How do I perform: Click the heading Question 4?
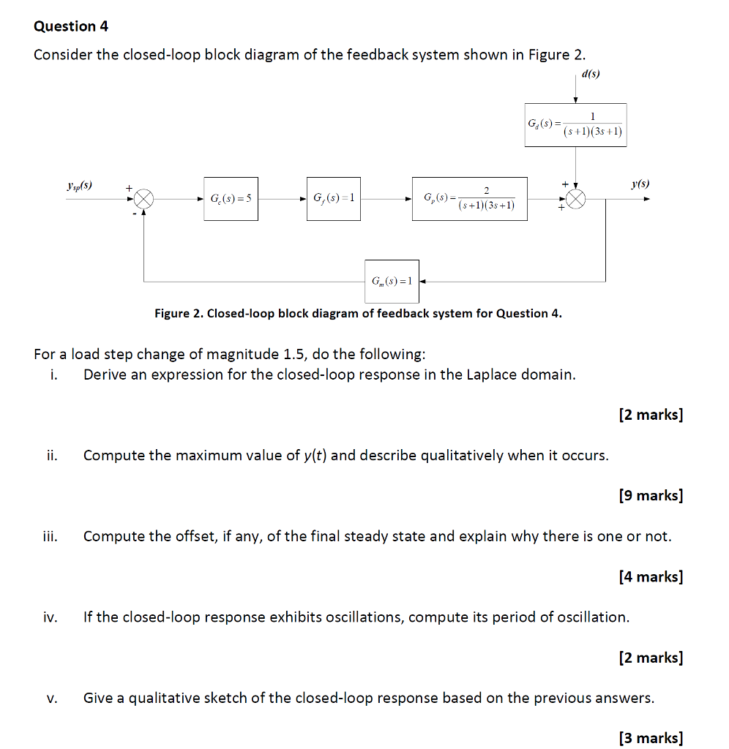[71, 26]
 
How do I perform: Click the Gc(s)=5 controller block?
[231, 198]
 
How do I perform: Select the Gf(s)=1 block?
[333, 198]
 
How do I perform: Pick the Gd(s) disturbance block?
[575, 125]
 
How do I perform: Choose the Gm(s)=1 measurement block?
[392, 281]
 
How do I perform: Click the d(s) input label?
[590, 74]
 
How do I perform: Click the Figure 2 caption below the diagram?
[358, 314]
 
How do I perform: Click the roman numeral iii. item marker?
[50, 537]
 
